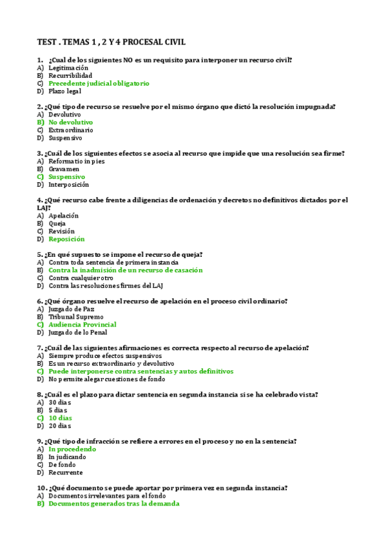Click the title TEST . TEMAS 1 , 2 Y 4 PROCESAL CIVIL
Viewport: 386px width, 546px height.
pos(111,42)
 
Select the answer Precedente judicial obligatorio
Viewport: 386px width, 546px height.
pos(99,84)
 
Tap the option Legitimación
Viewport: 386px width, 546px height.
pos(68,68)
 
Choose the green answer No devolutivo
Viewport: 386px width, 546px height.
pos(70,122)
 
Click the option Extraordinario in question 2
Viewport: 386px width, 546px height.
pos(70,130)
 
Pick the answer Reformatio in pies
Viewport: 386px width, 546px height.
pos(76,161)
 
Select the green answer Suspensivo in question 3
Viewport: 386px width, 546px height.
pos(66,176)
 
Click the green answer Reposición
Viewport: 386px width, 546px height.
pos(66,239)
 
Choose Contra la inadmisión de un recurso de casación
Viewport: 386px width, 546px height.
pos(125,270)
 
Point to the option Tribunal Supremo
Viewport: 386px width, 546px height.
pos(75,317)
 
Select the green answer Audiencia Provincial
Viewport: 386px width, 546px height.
pos(82,325)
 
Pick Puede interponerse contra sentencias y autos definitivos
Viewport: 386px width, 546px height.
pos(140,372)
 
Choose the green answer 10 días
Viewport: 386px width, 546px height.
pos(60,418)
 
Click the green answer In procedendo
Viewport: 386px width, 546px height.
pos(72,449)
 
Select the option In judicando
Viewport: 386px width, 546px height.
pos(68,457)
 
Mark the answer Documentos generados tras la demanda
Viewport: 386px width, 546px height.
pos(113,504)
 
